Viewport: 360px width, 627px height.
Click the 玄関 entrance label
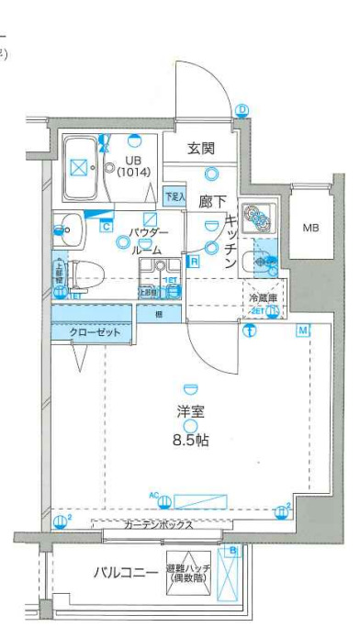pos(201,147)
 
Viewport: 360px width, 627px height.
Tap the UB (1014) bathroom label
pos(133,166)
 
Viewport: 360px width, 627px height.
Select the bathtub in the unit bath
pos(80,167)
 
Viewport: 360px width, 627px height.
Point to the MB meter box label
pos(311,227)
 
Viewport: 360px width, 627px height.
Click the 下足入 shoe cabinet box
pos(174,196)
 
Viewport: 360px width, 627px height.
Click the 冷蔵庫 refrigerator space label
pos(263,297)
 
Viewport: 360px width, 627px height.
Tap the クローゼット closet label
pos(96,332)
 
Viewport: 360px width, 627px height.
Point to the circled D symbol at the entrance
pos(242,109)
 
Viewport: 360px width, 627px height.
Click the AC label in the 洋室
pos(155,496)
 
